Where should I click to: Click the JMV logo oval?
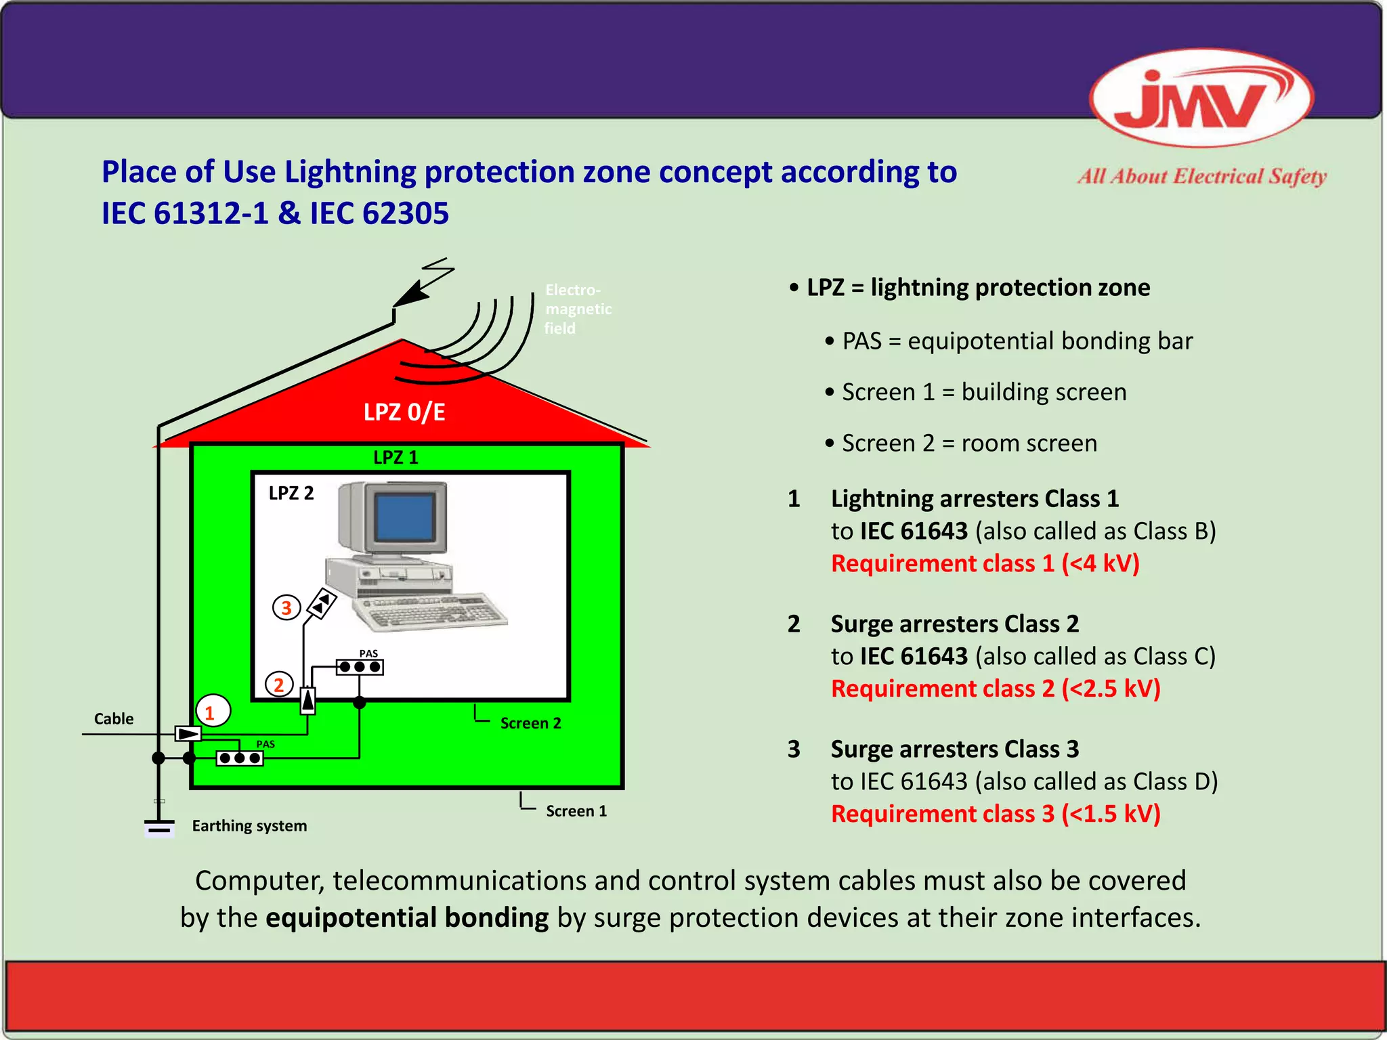(1201, 97)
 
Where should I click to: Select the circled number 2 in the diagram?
(279, 685)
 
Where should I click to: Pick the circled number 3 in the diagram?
(286, 607)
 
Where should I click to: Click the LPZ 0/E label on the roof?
(404, 412)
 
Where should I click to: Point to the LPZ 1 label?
(396, 458)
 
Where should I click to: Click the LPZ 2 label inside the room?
(291, 493)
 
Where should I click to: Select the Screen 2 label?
(530, 723)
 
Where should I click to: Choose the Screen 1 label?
(576, 811)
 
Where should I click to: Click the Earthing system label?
(249, 826)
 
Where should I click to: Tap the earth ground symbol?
(159, 827)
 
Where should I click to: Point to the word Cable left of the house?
(114, 718)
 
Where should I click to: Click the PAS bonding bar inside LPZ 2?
(360, 667)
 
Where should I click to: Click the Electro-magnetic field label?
(578, 309)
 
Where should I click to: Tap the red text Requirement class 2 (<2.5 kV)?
(996, 689)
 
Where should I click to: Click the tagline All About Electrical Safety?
(1202, 177)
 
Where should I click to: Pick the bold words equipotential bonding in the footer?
(407, 917)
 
